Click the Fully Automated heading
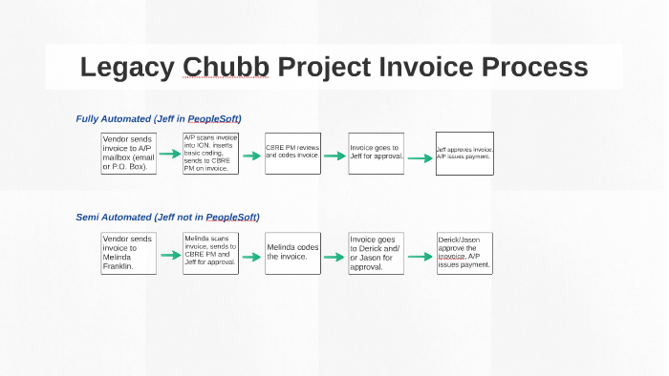click(159, 118)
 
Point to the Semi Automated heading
click(167, 217)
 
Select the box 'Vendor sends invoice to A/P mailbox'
click(127, 154)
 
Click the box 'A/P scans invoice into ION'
click(210, 153)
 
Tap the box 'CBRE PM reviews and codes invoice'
click(292, 153)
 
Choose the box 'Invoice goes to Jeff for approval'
click(376, 153)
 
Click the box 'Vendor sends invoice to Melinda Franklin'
click(127, 253)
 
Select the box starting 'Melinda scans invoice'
click(210, 253)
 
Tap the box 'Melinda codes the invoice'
click(292, 253)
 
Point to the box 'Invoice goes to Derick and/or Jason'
click(376, 253)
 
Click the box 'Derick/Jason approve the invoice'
click(464, 253)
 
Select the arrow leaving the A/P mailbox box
click(169, 154)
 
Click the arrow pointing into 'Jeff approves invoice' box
click(420, 159)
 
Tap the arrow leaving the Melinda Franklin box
click(169, 258)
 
